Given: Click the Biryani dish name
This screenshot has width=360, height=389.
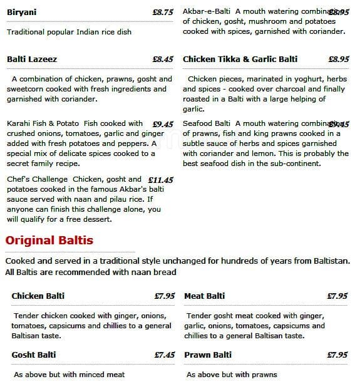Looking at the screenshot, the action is pyautogui.click(x=21, y=12).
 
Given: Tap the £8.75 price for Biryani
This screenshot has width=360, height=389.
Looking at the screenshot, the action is pyautogui.click(x=162, y=13).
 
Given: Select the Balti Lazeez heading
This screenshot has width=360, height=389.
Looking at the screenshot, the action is pyautogui.click(x=32, y=60).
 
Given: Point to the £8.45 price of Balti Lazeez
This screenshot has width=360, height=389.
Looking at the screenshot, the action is pyautogui.click(x=162, y=60).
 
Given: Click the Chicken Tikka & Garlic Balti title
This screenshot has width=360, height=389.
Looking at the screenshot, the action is pyautogui.click(x=240, y=60).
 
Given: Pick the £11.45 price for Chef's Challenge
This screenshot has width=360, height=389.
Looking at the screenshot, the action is pyautogui.click(x=160, y=180).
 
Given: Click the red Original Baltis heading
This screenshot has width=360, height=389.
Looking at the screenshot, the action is pyautogui.click(x=49, y=241).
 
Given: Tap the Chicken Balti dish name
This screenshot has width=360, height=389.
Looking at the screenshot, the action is pyautogui.click(x=38, y=296).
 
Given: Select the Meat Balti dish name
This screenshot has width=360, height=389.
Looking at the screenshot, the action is pyautogui.click(x=204, y=296).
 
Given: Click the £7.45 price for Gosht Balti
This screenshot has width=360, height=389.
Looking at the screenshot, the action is pyautogui.click(x=164, y=355).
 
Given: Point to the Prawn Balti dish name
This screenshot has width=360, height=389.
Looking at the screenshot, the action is pyautogui.click(x=208, y=355).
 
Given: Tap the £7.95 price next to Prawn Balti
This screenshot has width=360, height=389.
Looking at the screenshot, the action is pyautogui.click(x=337, y=355).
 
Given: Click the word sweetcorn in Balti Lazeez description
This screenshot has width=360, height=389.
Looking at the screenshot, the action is pyautogui.click(x=28, y=89).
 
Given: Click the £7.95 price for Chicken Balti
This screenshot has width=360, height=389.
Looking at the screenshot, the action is pyautogui.click(x=164, y=296).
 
